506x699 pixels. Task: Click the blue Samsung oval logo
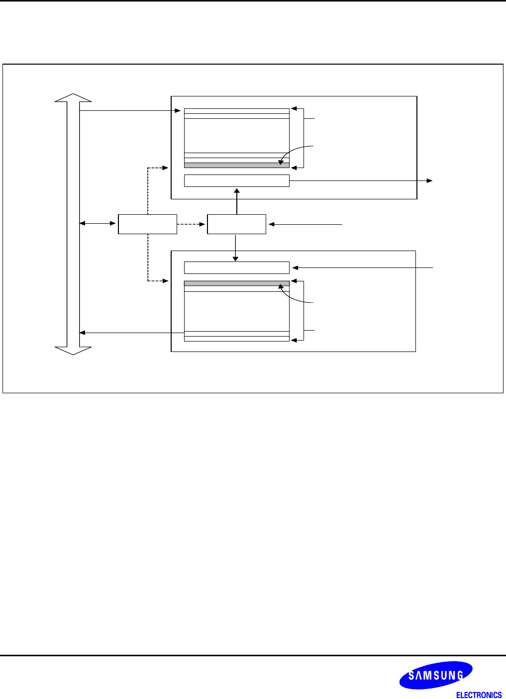(x=436, y=675)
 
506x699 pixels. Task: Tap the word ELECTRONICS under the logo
(x=479, y=695)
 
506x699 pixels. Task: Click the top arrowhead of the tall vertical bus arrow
(x=73, y=98)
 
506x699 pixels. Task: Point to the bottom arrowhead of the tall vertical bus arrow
(x=73, y=350)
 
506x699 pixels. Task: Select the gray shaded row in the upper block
(x=236, y=165)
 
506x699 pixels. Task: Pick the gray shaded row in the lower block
(x=236, y=283)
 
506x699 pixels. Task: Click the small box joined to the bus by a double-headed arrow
(x=147, y=224)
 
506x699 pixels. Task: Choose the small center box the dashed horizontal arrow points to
(x=236, y=224)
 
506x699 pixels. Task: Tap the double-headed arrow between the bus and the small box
(x=99, y=224)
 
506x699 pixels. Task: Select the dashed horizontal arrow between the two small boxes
(x=192, y=224)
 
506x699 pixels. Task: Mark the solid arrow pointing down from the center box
(x=235, y=248)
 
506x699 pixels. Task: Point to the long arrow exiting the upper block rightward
(x=361, y=180)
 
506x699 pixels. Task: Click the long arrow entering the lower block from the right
(x=363, y=268)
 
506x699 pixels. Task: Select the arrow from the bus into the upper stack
(x=129, y=111)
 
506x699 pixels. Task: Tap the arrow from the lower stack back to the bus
(x=132, y=333)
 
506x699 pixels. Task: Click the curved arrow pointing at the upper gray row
(x=296, y=151)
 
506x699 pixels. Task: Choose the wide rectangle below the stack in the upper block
(x=236, y=181)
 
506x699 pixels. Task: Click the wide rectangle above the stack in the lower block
(x=236, y=267)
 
